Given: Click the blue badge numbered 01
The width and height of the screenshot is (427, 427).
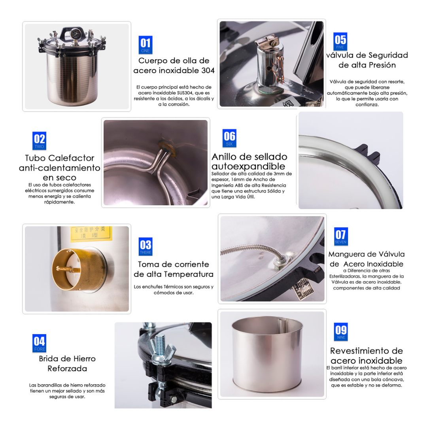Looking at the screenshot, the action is [145, 45].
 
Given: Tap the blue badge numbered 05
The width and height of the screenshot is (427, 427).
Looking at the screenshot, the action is [340, 42].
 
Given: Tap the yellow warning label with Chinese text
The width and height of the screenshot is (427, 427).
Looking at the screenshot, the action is [91, 234].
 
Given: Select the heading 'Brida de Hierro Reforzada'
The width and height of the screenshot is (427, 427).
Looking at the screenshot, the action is [67, 364].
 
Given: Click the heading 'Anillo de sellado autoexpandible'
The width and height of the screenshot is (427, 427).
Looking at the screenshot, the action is [249, 161].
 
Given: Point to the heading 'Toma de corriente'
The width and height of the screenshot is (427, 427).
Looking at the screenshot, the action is [174, 265].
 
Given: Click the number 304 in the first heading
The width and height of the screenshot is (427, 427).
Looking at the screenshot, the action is [208, 70].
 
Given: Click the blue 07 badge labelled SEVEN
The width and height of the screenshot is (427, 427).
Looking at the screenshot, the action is [341, 236].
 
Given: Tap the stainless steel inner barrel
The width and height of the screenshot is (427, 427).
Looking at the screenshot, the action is [267, 354].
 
